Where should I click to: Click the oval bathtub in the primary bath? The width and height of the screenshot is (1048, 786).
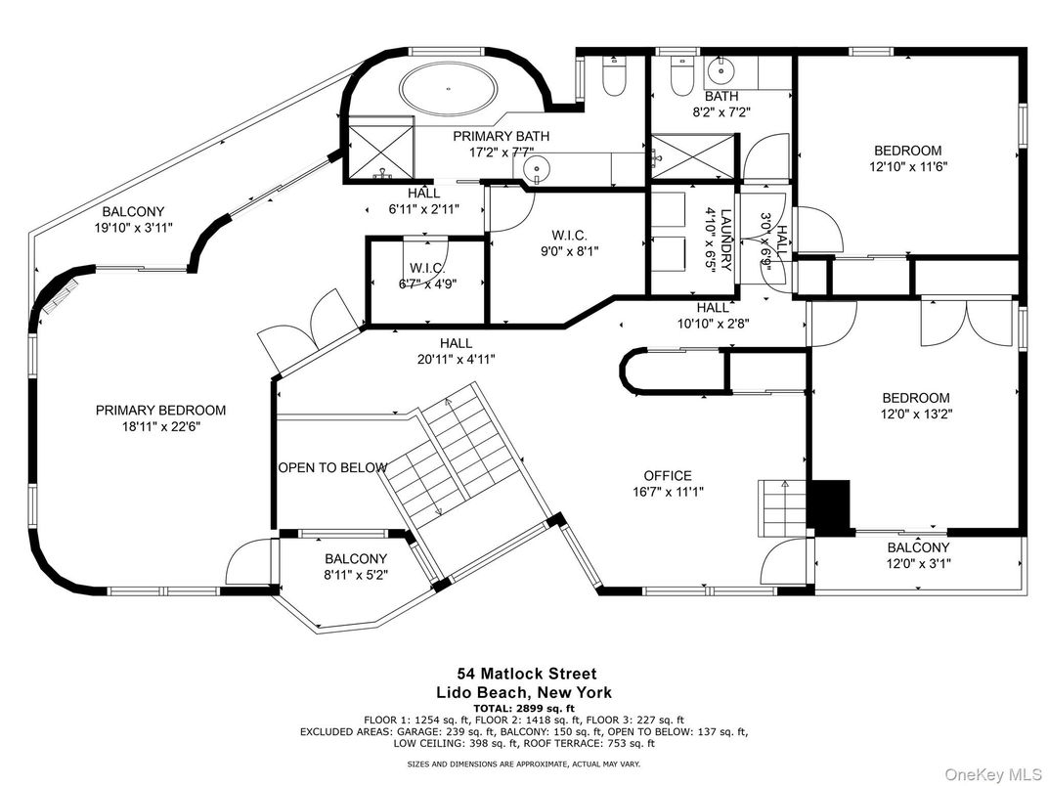(x=449, y=88)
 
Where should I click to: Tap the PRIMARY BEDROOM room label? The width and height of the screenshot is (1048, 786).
(x=160, y=411)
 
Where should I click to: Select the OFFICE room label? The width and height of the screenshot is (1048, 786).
(x=668, y=476)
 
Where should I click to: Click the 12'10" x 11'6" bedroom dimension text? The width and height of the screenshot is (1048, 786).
(x=908, y=167)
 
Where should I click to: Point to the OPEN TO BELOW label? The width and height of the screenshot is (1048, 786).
(x=332, y=467)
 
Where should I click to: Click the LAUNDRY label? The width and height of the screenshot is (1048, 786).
(x=726, y=240)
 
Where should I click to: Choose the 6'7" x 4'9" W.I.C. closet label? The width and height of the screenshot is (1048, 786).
(x=428, y=276)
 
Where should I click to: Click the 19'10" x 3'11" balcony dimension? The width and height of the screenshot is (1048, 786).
(x=133, y=228)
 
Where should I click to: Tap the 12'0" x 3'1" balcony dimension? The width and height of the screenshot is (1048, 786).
(x=918, y=563)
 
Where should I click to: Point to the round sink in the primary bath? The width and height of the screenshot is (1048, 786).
(x=536, y=167)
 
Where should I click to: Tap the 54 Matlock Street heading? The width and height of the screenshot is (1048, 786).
(x=526, y=674)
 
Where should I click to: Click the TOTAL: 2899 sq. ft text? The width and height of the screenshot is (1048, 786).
(x=524, y=708)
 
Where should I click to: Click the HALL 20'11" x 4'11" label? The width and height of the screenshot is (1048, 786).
(x=457, y=352)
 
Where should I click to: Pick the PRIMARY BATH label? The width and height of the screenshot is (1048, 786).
(x=502, y=136)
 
